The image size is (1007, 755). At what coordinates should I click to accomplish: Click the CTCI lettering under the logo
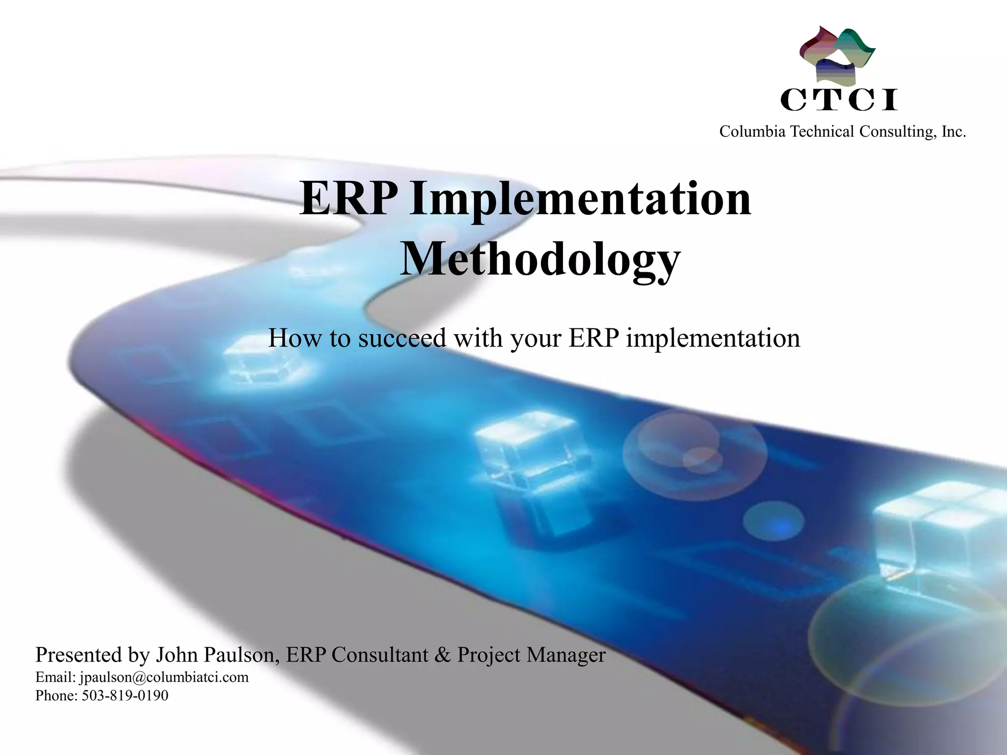pos(839,100)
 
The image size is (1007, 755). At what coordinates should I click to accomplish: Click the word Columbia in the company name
pos(752,132)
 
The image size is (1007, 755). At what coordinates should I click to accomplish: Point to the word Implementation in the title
pos(580,200)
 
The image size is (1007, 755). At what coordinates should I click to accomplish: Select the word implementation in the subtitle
pos(713,338)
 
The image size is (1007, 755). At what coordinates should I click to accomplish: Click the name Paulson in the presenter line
pos(241,655)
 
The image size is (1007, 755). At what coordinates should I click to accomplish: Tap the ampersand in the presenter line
pos(443,655)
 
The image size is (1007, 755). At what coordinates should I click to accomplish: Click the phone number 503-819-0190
pos(125,696)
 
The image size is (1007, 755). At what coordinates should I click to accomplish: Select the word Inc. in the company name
pos(953,132)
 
